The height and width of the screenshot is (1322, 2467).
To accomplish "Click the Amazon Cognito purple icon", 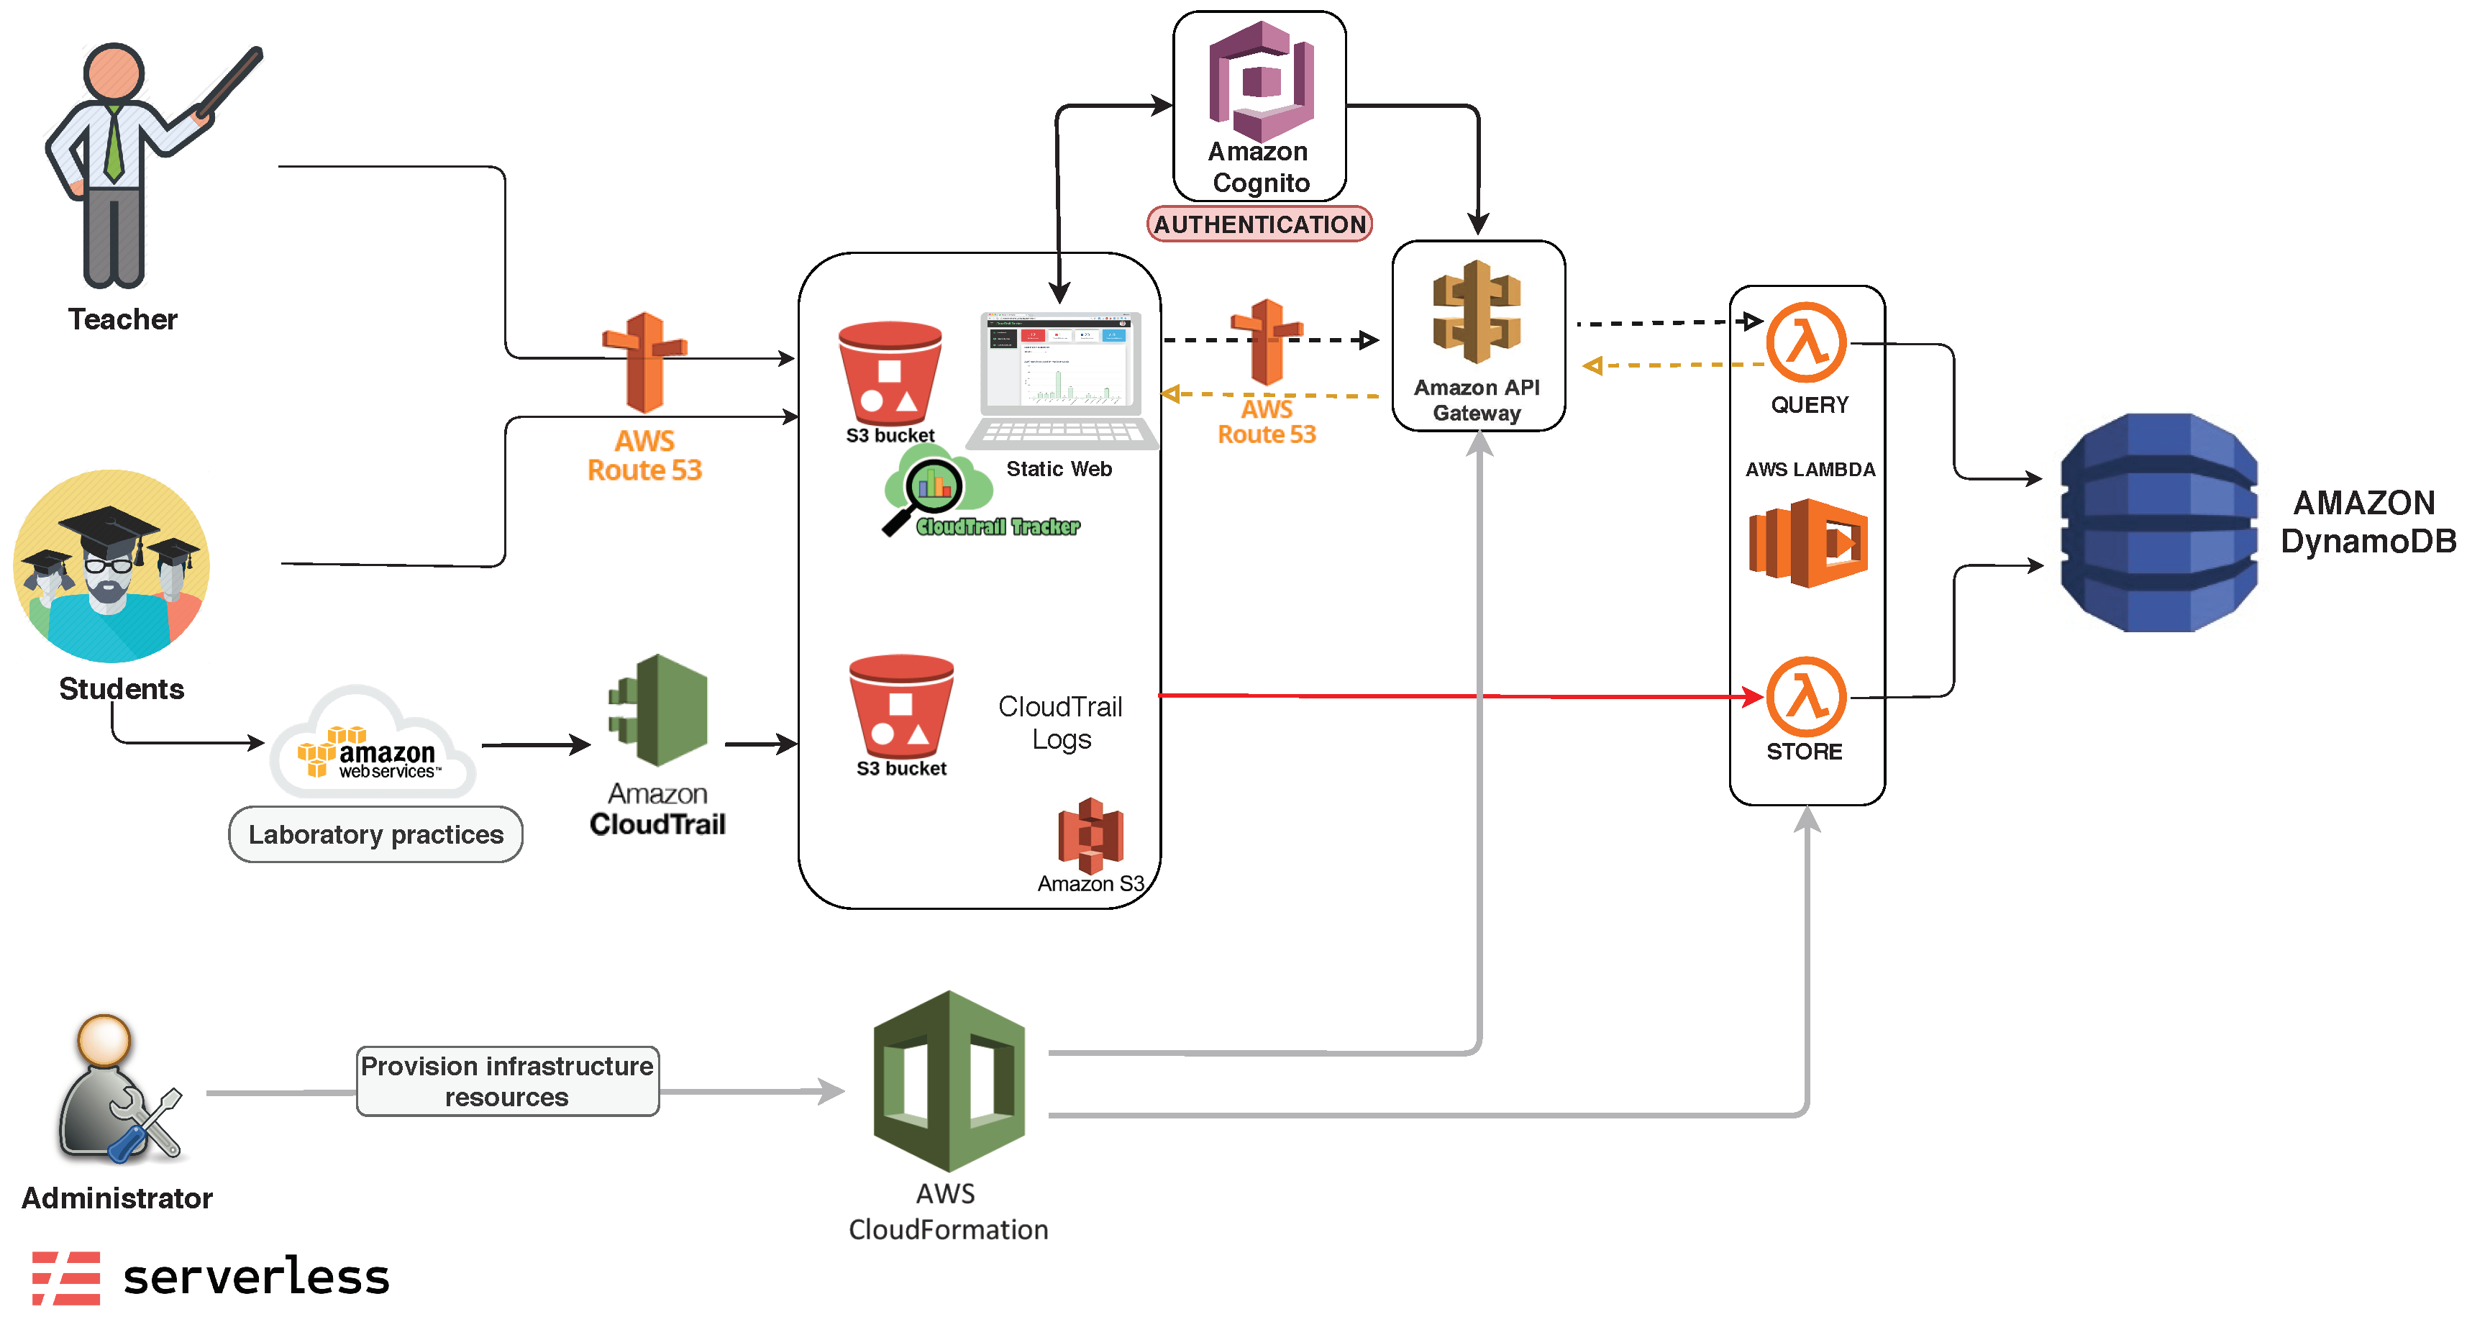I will (x=1260, y=81).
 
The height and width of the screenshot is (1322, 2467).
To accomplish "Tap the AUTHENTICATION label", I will (x=1259, y=224).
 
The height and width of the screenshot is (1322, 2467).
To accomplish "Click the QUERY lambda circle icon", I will (x=1805, y=343).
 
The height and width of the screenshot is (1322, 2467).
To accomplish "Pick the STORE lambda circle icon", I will (x=1805, y=696).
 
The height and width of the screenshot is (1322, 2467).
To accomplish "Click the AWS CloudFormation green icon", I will (x=948, y=1080).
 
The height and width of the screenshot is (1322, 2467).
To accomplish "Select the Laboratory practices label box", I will (x=375, y=834).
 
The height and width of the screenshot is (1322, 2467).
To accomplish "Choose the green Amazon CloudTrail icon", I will (x=659, y=710).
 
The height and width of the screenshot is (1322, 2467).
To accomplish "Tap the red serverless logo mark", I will (x=66, y=1277).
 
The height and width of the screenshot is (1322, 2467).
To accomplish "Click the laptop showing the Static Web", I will (x=1060, y=379).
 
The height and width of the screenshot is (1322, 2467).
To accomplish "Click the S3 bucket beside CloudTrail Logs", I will (x=900, y=707).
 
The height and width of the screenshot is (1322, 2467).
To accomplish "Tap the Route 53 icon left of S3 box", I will (x=644, y=362).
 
